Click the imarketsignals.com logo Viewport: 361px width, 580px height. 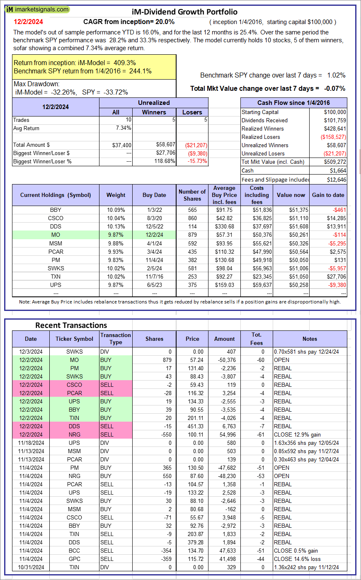click(38, 9)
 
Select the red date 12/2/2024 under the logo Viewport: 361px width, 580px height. click(28, 22)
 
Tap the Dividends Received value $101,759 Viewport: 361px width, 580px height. click(335, 120)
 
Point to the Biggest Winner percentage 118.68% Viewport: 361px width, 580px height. click(164, 161)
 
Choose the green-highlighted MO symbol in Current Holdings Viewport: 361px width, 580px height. click(56, 235)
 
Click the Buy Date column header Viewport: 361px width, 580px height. click(154, 195)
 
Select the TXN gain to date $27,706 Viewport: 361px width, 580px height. click(336, 277)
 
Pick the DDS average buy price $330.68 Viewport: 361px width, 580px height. click(224, 226)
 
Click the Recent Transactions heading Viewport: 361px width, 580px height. click(71, 325)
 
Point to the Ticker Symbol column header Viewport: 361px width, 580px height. click(75, 339)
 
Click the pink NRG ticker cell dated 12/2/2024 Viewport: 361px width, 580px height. click(75, 434)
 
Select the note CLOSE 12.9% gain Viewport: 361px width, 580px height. click(297, 434)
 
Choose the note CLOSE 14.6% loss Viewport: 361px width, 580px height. click(297, 559)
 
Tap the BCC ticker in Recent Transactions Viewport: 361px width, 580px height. click(75, 551)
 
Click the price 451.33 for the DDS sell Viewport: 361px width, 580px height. click(192, 426)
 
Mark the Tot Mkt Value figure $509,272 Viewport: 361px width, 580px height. click(335, 162)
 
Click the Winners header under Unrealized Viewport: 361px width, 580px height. click(154, 112)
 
